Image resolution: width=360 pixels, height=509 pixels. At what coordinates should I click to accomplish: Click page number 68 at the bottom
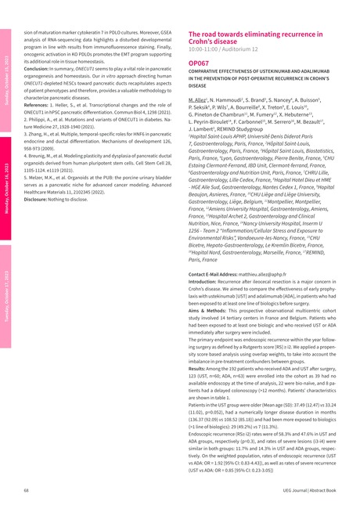click(x=26, y=489)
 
